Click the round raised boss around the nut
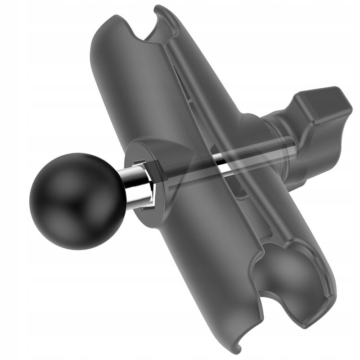tap(155, 148)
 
